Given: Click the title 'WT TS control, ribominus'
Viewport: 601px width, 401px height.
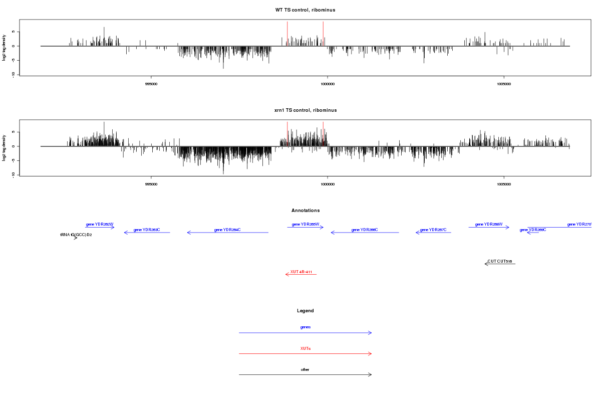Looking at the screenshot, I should click(x=305, y=10).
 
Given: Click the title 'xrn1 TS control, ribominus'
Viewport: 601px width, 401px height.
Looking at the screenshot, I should click(x=305, y=110).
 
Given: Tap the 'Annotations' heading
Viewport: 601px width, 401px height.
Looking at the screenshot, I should click(x=306, y=211).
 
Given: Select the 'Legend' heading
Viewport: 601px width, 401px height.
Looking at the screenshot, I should click(x=306, y=311).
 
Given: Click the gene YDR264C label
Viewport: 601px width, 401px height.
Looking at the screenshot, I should click(x=227, y=230).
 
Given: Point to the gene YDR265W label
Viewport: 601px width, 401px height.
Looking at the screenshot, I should click(x=306, y=224).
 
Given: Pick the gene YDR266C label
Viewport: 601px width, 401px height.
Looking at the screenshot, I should click(x=365, y=230).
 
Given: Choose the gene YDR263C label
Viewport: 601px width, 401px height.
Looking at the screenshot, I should click(x=147, y=230).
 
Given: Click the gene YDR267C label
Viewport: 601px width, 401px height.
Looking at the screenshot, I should click(x=433, y=230).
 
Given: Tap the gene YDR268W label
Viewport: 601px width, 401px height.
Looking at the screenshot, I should click(x=489, y=224).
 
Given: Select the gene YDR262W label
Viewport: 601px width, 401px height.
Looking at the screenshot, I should click(x=100, y=224).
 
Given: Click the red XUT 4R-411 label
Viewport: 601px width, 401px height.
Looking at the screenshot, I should click(x=301, y=272).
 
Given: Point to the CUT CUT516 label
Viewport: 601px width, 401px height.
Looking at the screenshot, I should click(x=500, y=261).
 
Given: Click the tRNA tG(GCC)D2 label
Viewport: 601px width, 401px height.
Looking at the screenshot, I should click(x=76, y=235).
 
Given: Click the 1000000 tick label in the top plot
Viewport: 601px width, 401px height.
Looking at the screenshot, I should click(x=328, y=84).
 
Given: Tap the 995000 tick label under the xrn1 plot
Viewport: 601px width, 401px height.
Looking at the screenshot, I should click(x=151, y=184).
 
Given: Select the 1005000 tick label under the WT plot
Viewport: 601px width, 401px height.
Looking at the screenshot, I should click(x=504, y=84).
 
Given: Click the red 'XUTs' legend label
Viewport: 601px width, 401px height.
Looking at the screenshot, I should click(x=306, y=348).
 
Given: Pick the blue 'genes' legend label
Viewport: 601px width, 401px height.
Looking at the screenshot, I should click(x=306, y=327).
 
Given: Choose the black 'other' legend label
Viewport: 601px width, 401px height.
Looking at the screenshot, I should click(x=305, y=369).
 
